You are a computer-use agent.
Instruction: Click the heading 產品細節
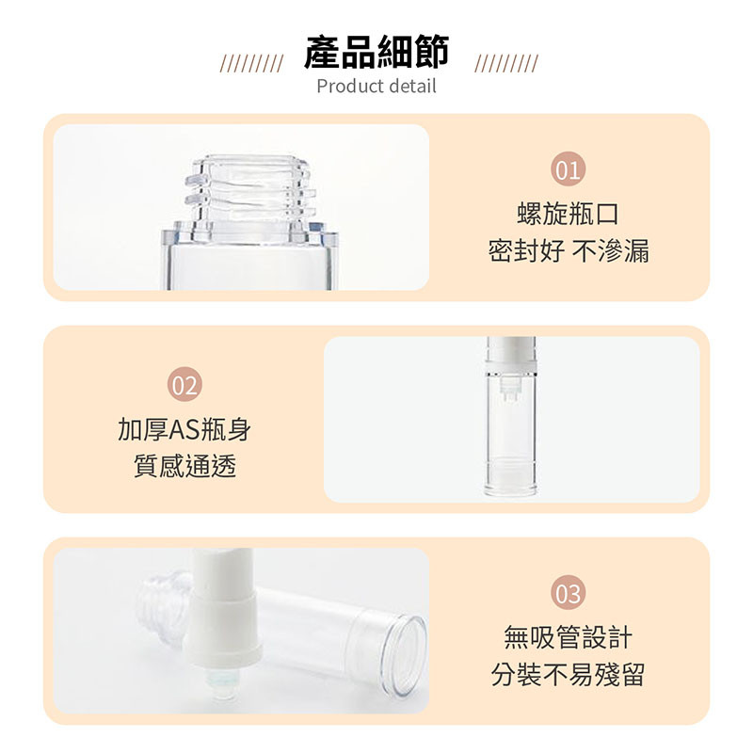(376, 52)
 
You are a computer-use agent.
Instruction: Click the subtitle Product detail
(376, 87)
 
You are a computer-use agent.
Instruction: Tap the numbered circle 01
(569, 169)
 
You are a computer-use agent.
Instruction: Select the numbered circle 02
(184, 384)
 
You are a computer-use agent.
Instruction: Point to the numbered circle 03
(569, 593)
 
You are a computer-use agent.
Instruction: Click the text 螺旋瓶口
(569, 214)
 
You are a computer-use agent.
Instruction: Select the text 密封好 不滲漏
(569, 250)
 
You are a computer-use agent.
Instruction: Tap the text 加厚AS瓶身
(184, 429)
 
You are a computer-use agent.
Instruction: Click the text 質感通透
(184, 466)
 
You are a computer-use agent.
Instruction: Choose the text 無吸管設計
(569, 637)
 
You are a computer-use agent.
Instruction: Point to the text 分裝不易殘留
(569, 674)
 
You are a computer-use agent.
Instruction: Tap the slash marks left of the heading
(251, 63)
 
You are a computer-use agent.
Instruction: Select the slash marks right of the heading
(506, 63)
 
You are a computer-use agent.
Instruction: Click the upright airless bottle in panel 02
(510, 417)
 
